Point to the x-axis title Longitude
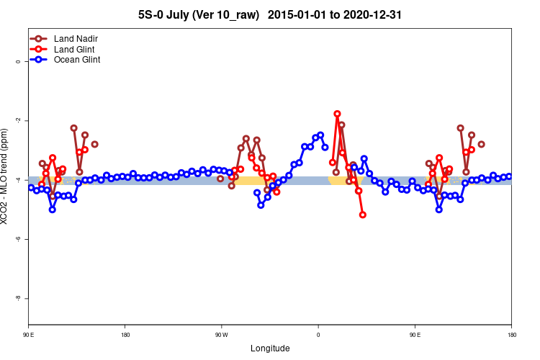[x=270, y=348]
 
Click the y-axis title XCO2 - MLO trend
[x=6, y=176]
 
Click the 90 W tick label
[x=221, y=335]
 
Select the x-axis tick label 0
[x=318, y=335]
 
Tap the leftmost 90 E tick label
[x=28, y=335]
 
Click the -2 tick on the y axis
[x=18, y=121]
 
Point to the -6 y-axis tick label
[x=18, y=239]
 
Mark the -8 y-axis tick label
[x=18, y=298]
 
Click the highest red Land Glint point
[x=337, y=114]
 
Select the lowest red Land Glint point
[x=363, y=215]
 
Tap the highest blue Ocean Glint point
[x=320, y=135]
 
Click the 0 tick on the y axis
[x=18, y=62]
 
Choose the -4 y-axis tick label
[x=18, y=180]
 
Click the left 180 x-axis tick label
[x=125, y=335]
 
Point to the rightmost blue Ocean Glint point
[x=509, y=176]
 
